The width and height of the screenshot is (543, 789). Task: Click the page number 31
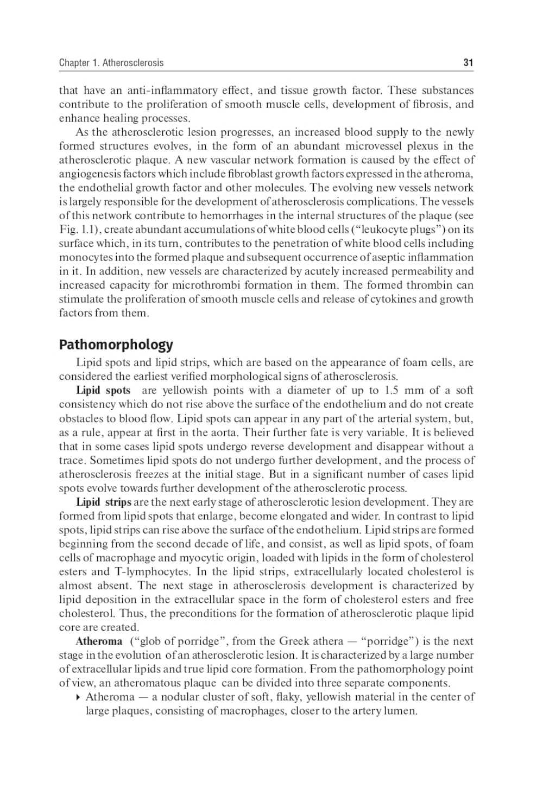[468, 63]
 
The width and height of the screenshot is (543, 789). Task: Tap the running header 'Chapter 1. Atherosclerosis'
[111, 63]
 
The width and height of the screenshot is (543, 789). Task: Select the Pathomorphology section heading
[116, 345]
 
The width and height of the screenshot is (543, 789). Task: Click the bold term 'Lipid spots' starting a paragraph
[103, 390]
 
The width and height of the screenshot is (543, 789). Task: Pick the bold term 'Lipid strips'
[103, 502]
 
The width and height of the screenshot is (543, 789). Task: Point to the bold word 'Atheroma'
[99, 641]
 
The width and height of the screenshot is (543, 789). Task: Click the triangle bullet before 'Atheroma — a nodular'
[79, 697]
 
